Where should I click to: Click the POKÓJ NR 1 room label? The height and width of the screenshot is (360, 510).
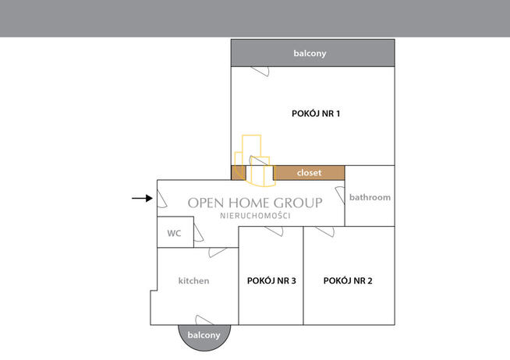[316, 114]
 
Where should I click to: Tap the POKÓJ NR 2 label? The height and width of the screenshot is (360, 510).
[348, 281]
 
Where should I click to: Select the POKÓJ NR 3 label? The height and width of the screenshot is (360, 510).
[271, 281]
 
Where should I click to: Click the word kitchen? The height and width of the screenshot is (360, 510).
[193, 281]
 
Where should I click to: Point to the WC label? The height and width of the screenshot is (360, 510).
[174, 233]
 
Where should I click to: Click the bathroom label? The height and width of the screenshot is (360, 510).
[370, 197]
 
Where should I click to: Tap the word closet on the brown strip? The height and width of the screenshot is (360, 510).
[309, 172]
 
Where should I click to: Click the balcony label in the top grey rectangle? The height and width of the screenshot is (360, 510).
[310, 53]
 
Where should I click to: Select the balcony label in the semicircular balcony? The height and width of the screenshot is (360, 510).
[204, 335]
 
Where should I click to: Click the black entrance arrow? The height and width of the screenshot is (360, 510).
[142, 198]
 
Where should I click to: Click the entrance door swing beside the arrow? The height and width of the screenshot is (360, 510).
[161, 199]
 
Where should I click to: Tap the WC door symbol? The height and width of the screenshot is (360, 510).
[198, 234]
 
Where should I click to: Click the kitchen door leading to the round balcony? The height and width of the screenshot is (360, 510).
[204, 320]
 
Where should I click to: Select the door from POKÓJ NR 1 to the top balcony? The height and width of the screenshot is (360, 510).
[260, 71]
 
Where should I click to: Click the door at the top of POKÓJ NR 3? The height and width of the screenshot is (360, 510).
[274, 231]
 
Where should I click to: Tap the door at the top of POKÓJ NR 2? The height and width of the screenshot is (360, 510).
[325, 231]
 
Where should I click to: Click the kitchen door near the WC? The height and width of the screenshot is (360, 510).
[218, 252]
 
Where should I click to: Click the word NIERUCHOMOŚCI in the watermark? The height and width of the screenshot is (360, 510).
[255, 216]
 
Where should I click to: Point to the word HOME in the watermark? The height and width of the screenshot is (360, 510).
[249, 203]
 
